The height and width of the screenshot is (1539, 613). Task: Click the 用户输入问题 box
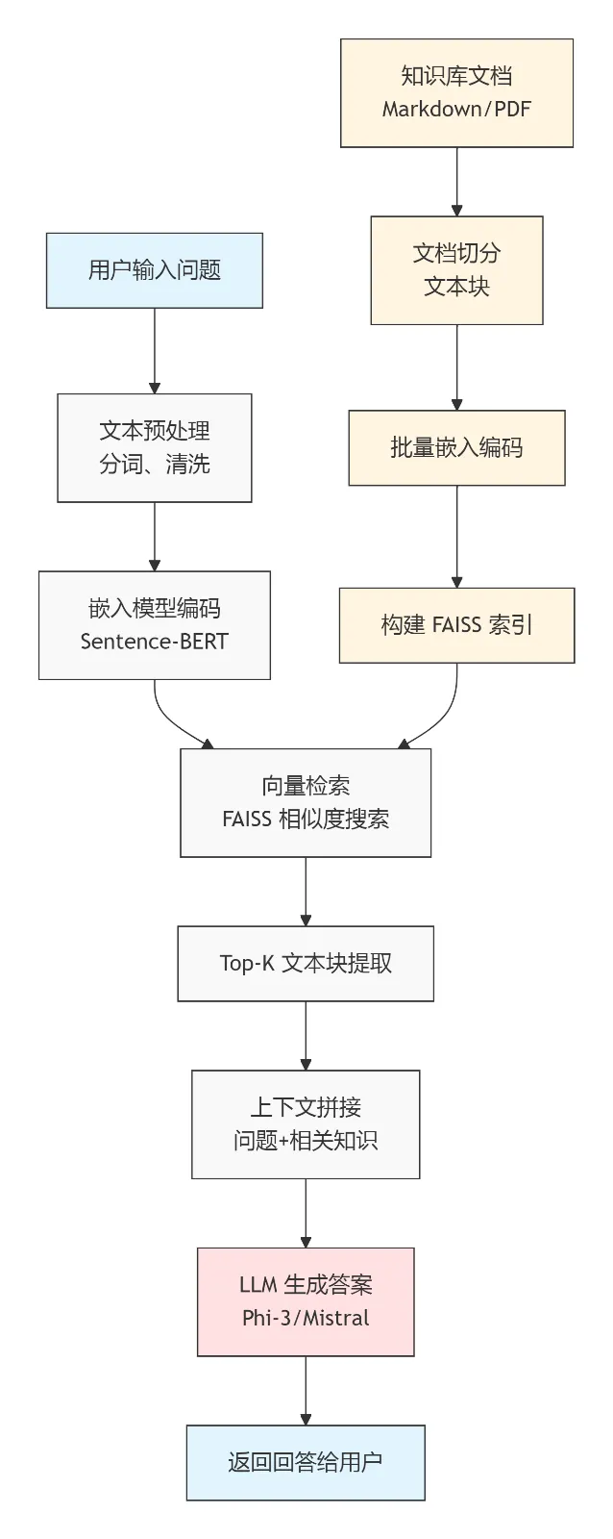tap(155, 270)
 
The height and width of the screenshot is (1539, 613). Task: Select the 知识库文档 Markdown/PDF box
tap(456, 92)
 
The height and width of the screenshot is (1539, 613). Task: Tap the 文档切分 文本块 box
tap(456, 270)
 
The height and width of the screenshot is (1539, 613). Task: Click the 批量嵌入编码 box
tap(456, 447)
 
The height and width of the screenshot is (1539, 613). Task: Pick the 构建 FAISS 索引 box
tap(456, 625)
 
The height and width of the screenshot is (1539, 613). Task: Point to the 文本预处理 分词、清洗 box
tap(155, 447)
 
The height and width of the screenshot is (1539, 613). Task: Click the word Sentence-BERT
tap(155, 642)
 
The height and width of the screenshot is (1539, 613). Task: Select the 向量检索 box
tap(306, 802)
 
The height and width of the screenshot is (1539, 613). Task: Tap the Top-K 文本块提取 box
tap(306, 963)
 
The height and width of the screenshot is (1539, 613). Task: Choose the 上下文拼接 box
tap(306, 1123)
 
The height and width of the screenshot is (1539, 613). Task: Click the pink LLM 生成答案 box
tap(306, 1301)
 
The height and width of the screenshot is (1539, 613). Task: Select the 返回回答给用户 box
tap(306, 1462)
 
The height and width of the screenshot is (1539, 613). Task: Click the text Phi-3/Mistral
tap(306, 1318)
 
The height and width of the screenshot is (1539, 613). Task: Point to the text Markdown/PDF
tap(456, 109)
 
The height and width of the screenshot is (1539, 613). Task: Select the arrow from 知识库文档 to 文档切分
tap(456, 181)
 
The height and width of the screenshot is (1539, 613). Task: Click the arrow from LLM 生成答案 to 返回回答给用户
tap(306, 1390)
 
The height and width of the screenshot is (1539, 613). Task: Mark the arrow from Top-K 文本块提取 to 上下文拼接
tap(306, 1035)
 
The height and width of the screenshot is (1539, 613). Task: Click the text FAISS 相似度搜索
tap(306, 820)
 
